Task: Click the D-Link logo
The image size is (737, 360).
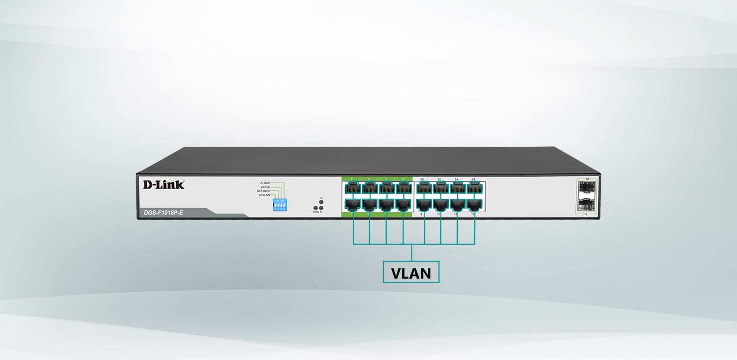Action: (x=163, y=184)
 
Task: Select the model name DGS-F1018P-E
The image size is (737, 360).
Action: (x=163, y=212)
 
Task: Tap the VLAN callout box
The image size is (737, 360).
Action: (x=411, y=272)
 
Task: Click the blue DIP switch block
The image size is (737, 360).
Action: (x=280, y=204)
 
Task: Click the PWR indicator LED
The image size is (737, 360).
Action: (x=315, y=208)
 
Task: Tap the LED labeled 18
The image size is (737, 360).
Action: (x=321, y=202)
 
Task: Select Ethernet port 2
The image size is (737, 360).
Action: (x=352, y=188)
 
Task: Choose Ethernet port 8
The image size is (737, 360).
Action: (x=403, y=188)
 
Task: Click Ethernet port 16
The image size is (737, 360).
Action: (x=474, y=188)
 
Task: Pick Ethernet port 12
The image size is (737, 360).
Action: (x=440, y=188)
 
